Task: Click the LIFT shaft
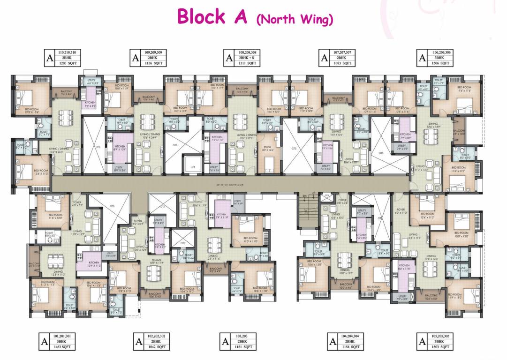tap(192, 166)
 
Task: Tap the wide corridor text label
tap(230, 185)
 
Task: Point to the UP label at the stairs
tap(313, 194)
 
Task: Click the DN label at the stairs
tap(304, 195)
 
